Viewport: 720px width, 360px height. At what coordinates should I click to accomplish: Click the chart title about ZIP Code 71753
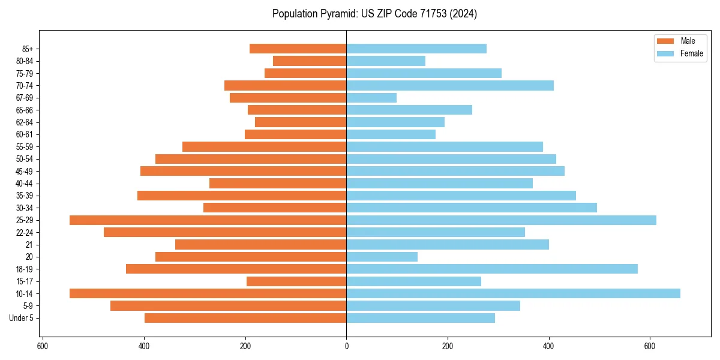374,14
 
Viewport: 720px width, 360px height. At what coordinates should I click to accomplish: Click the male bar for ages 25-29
208,220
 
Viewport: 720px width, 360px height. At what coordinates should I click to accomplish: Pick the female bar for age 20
382,257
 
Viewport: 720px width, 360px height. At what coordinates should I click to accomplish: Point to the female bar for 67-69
371,98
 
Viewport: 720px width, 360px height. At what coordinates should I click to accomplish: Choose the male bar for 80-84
310,61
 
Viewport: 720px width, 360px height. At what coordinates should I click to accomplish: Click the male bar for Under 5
245,318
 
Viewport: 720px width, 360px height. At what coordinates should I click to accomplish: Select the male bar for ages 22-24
225,232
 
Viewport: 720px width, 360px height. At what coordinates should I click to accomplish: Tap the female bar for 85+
416,49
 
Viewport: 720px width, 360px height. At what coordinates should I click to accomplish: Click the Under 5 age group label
22,318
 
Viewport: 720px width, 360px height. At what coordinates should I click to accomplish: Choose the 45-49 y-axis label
24,171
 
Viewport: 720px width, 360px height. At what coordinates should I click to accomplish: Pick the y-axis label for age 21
29,245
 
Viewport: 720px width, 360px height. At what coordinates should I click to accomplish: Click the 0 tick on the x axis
346,346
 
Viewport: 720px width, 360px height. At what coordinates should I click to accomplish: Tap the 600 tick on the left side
43,346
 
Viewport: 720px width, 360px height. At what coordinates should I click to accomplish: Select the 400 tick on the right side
548,346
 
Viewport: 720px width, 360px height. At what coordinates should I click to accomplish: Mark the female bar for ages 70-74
450,85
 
